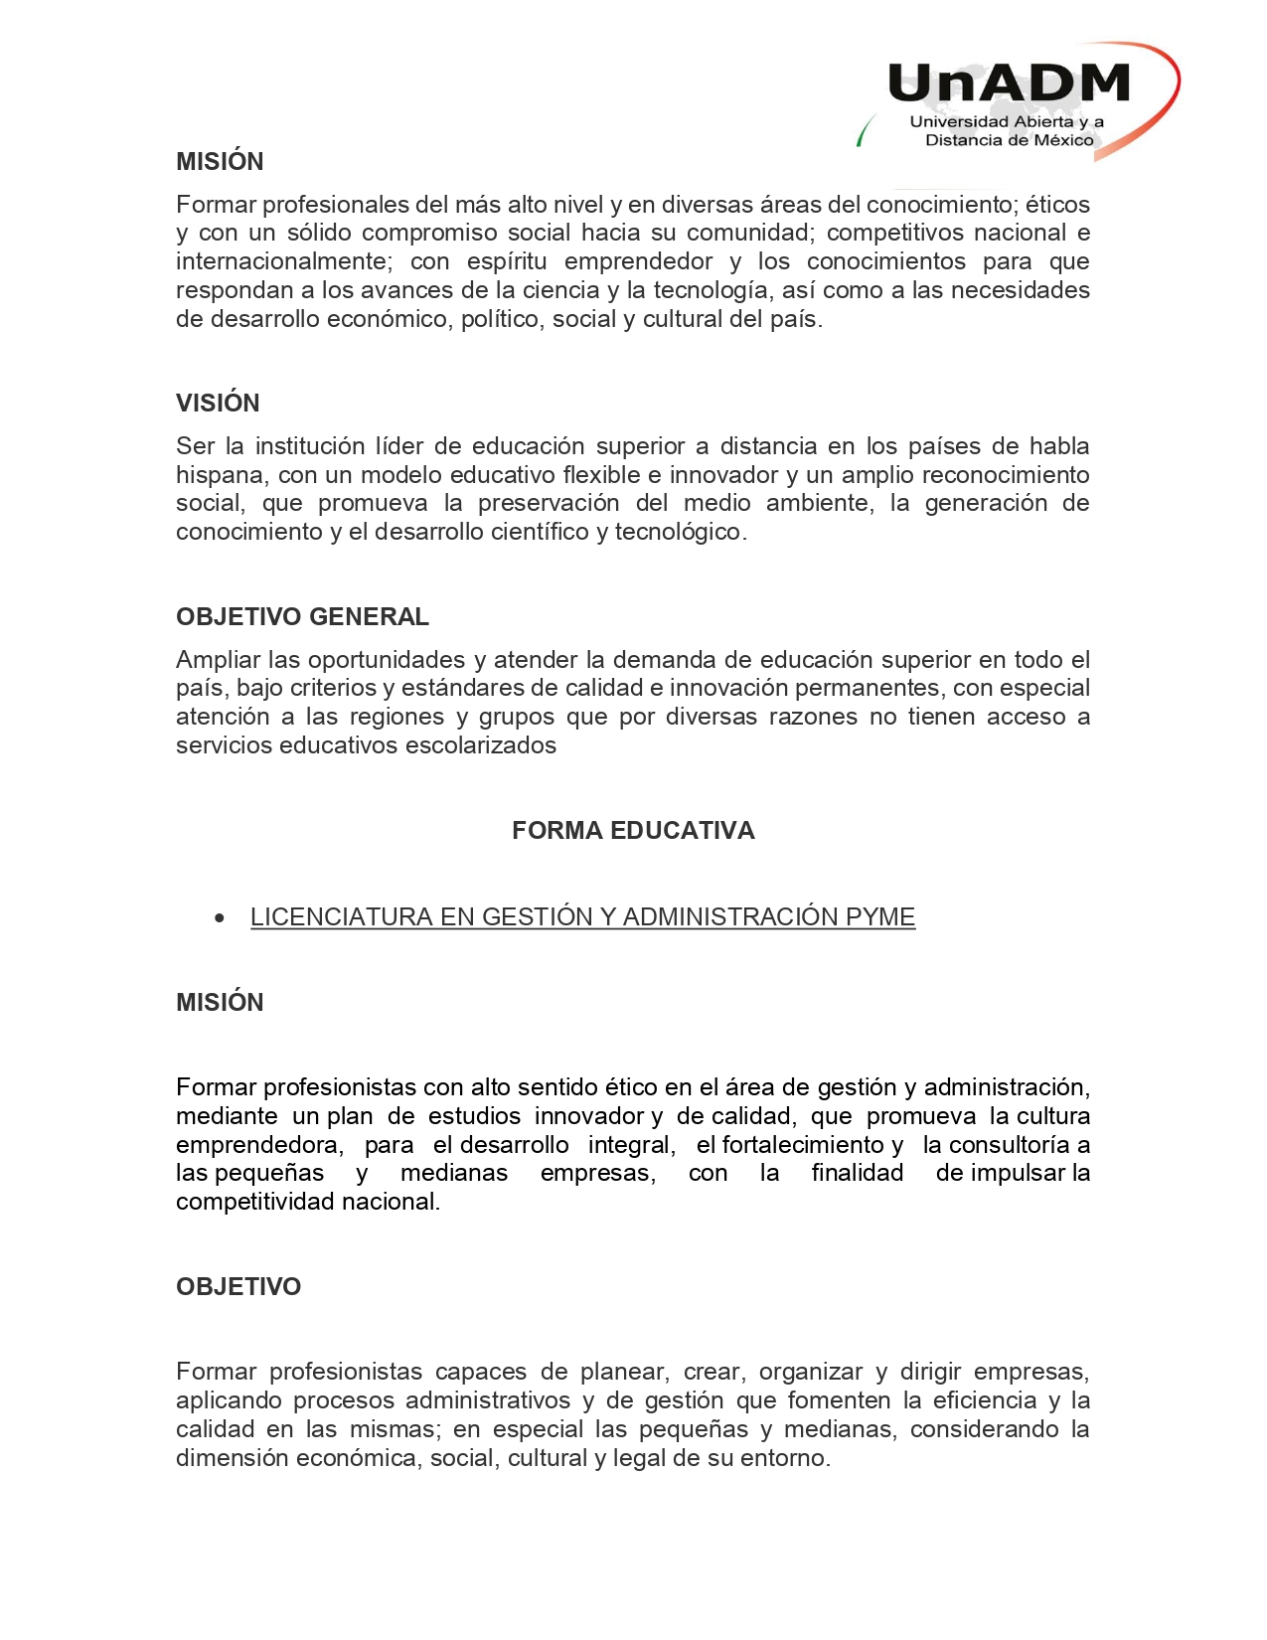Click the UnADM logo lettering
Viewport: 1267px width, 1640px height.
pyautogui.click(x=1009, y=83)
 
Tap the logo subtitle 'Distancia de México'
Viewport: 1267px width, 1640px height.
pyautogui.click(x=1009, y=140)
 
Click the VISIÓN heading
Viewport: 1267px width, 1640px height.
pyautogui.click(x=218, y=403)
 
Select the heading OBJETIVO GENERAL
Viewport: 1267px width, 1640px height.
pyautogui.click(x=302, y=616)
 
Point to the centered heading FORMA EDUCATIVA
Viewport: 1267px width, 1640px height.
pyautogui.click(x=633, y=830)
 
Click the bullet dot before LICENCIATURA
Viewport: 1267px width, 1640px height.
pyautogui.click(x=220, y=918)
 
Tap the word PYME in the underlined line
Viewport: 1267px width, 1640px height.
pyautogui.click(x=879, y=916)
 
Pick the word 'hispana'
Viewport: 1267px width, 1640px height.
pyautogui.click(x=219, y=475)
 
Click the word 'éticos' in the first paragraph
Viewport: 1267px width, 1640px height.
pyautogui.click(x=1057, y=205)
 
